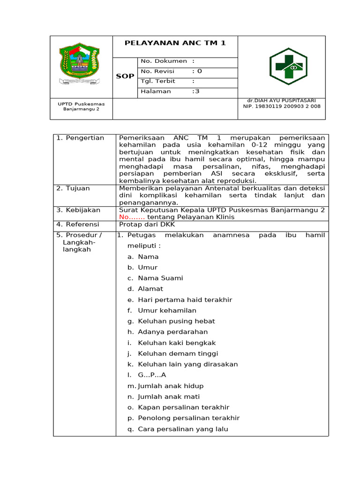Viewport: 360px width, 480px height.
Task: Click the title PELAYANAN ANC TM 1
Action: [x=175, y=43]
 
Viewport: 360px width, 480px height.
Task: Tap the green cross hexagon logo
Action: [x=288, y=67]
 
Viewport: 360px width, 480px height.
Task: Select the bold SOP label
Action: [x=125, y=76]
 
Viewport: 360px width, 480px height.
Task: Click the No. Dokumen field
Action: [x=167, y=61]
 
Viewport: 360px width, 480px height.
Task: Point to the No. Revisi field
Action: [x=171, y=71]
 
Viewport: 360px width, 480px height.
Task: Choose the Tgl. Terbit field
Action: [x=167, y=81]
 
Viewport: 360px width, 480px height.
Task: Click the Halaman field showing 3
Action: [x=170, y=91]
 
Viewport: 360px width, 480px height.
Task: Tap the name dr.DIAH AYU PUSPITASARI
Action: [x=282, y=101]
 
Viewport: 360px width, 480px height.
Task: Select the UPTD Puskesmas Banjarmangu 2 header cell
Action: [x=81, y=106]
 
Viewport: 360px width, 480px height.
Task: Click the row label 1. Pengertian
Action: [x=80, y=138]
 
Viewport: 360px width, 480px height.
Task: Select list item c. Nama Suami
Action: [x=155, y=278]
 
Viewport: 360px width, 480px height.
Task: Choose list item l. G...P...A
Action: [x=147, y=375]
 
